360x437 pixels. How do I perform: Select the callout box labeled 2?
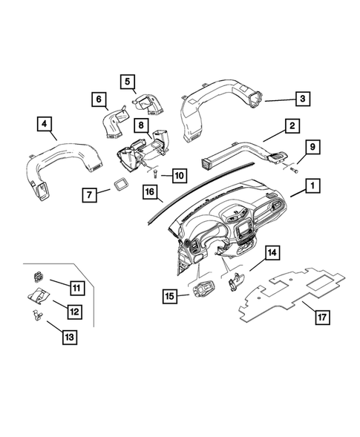click(294, 127)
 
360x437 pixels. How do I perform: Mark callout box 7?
click(89, 196)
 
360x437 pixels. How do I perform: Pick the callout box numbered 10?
click(178, 175)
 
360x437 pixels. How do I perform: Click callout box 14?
click(272, 254)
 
